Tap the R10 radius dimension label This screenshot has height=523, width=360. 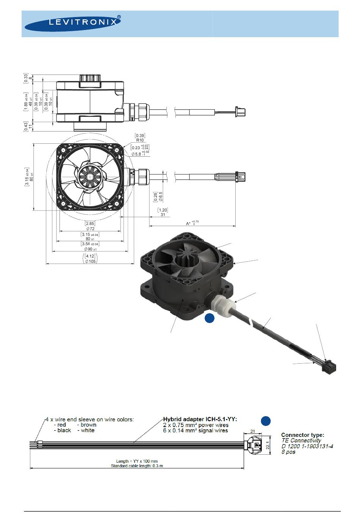(140, 140)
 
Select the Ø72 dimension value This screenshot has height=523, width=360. (90, 229)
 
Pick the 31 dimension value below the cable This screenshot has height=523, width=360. (162, 215)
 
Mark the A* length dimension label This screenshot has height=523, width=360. (188, 223)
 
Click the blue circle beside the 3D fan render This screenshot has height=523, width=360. (210, 319)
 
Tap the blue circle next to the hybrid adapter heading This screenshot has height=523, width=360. (266, 421)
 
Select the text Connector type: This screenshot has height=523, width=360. (302, 435)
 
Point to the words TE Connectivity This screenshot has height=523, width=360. (301, 441)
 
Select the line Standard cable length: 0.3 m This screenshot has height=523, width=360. (137, 466)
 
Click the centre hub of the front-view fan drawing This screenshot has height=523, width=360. (90, 177)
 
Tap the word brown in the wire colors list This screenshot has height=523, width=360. (88, 425)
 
